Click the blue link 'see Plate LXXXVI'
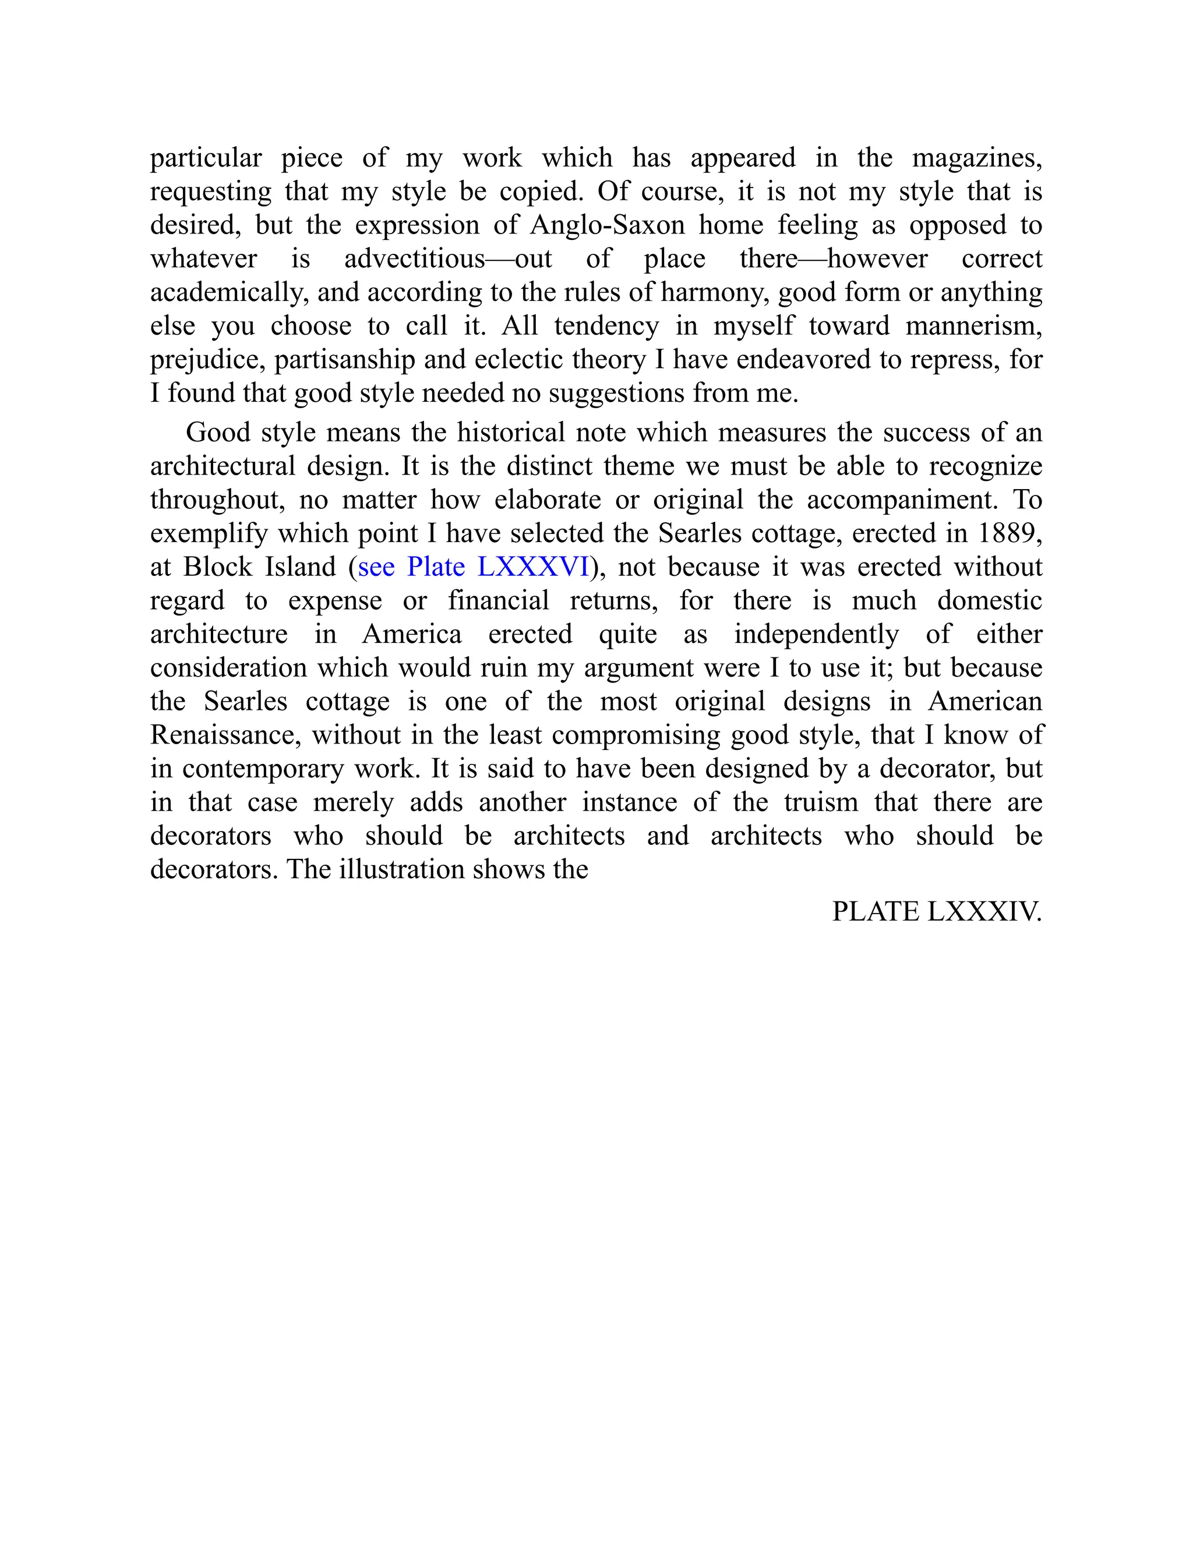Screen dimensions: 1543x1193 click(473, 567)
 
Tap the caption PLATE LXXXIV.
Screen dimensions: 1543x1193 click(937, 912)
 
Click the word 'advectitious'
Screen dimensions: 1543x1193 click(414, 259)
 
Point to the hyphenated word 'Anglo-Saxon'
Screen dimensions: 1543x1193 click(607, 225)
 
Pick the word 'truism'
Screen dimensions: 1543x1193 click(821, 802)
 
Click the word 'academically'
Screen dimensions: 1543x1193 click(229, 292)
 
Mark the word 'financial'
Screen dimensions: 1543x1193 click(498, 600)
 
